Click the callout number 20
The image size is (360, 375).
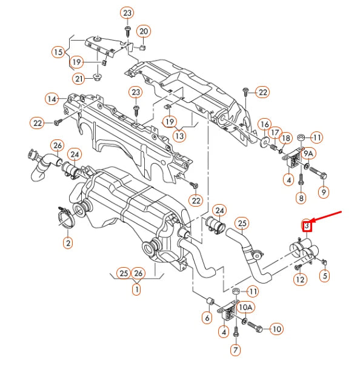pos(144,32)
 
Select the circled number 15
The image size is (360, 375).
pos(59,52)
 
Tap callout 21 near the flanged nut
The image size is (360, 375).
pos(79,79)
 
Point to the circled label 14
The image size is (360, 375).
pos(52,99)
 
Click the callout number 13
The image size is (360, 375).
pos(179,136)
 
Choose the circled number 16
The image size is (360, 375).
pos(265,124)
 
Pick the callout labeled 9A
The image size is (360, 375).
pos(308,154)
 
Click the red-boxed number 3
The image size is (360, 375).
pos(307,226)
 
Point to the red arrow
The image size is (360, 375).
pos(326,217)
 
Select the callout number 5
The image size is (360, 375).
pos(325,276)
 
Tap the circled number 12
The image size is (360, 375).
pos(301,279)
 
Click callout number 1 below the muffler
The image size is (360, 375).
pos(136,290)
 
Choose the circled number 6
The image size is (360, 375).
pos(207,318)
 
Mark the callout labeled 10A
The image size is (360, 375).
pos(245,307)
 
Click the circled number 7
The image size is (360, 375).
pos(236,350)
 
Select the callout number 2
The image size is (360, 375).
pos(68,243)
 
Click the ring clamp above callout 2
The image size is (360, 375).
pos(66,217)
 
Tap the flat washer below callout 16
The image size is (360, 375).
pos(264,142)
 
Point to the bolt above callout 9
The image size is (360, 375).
pos(318,173)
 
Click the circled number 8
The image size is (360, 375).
pos(301,198)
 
